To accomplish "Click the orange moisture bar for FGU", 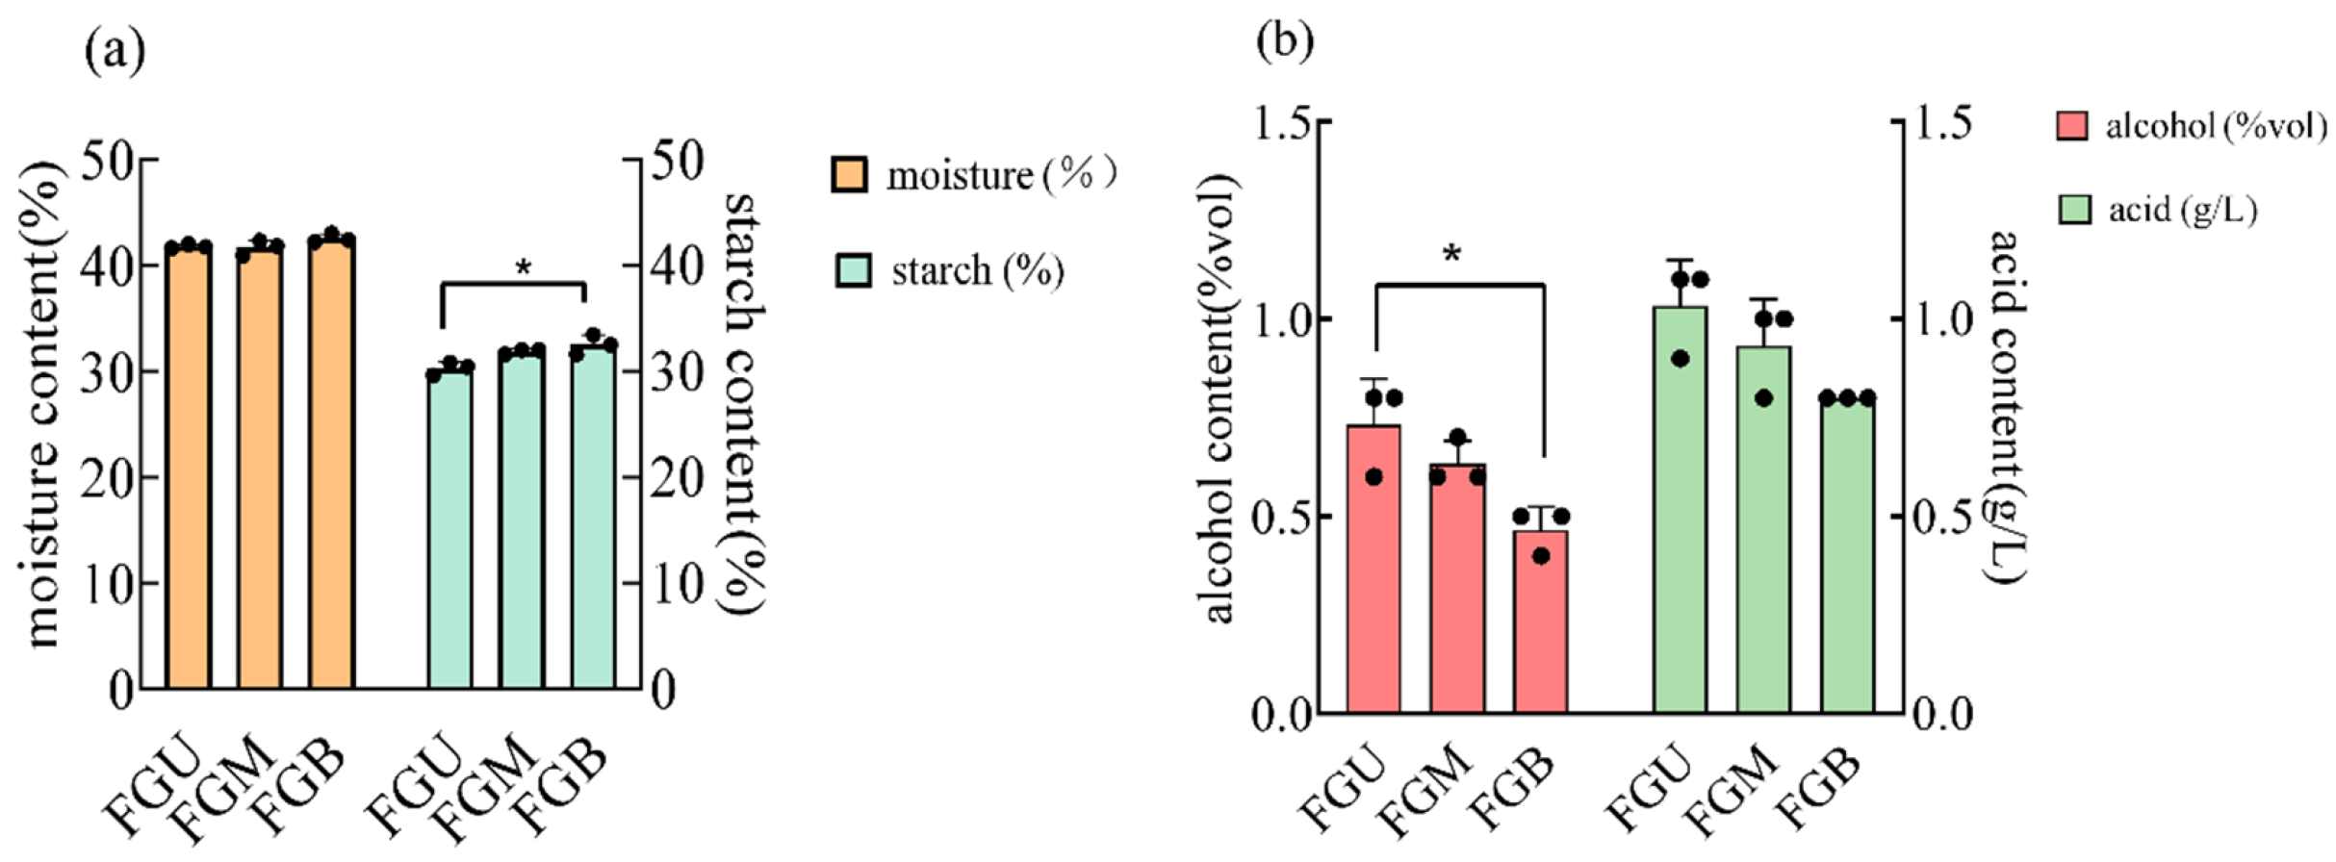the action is click(x=189, y=468).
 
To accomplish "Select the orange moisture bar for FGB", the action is click(x=332, y=464).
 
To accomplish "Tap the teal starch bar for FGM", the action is click(x=522, y=520).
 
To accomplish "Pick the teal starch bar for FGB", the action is click(x=593, y=518).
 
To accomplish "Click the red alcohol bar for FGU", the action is click(x=1373, y=570).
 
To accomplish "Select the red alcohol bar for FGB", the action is click(x=1540, y=622).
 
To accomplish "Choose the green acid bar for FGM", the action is click(x=1764, y=530).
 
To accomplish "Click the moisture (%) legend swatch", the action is click(x=849, y=175).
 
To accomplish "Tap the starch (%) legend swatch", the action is click(x=853, y=270).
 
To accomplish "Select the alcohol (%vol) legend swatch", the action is click(x=2071, y=125).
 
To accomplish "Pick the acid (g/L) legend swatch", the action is click(x=2074, y=210).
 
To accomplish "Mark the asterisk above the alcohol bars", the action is click(x=1452, y=254).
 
